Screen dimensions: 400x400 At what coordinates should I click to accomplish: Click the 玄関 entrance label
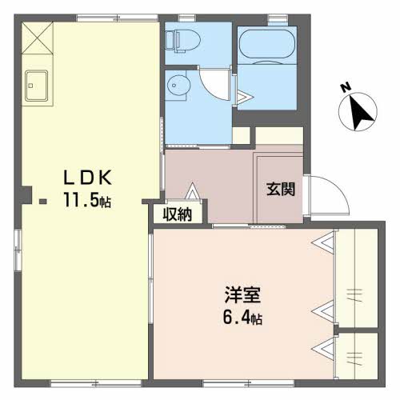pos(280,190)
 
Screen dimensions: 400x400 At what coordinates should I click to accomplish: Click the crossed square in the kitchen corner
pos(36,36)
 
